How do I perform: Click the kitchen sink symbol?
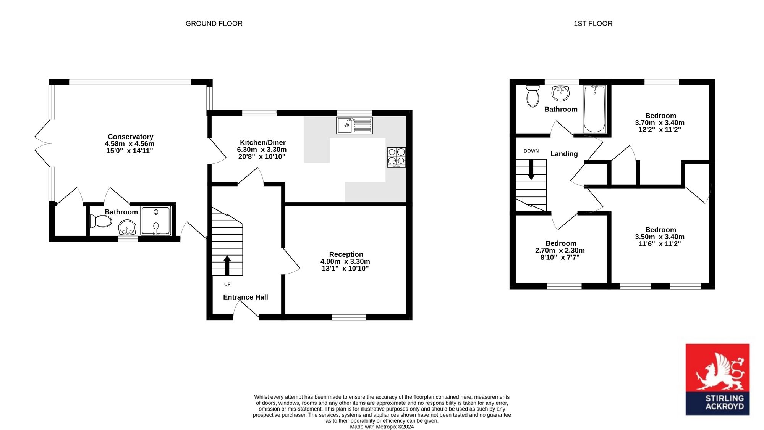point(354,126)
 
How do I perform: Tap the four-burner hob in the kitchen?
point(397,158)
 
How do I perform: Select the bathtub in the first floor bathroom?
point(594,109)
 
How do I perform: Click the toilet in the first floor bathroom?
point(533,96)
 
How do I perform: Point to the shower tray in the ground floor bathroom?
point(155,221)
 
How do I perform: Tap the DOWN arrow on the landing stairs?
point(531,170)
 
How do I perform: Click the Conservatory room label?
point(131,137)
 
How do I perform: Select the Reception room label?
point(346,254)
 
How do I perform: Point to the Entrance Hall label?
point(246,297)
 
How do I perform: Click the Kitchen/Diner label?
point(263,143)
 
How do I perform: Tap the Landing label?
point(564,154)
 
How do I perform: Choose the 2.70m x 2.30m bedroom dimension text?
point(560,251)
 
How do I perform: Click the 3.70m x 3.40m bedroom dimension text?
point(660,123)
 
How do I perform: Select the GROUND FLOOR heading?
point(214,24)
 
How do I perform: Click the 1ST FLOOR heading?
point(593,24)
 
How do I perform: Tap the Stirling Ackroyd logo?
point(717,379)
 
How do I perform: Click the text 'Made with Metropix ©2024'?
point(382,427)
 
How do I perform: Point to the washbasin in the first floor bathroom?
point(560,93)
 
